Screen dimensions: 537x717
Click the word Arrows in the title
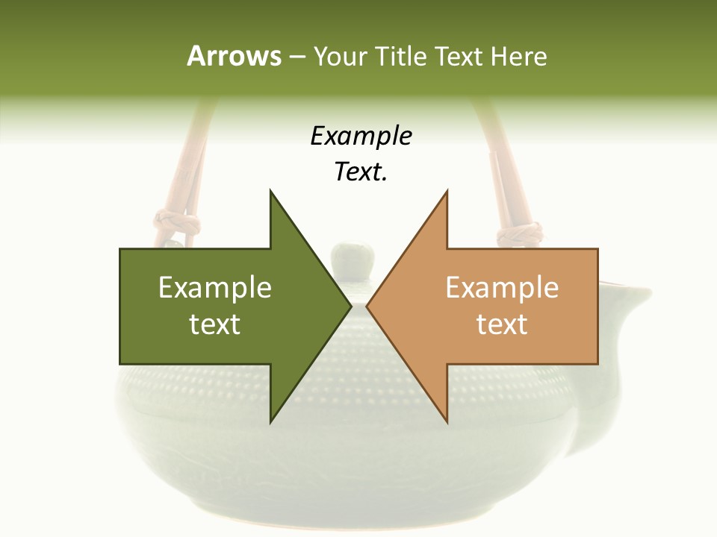234,56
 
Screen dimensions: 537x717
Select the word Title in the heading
400,57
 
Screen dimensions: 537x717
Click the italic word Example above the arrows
361,136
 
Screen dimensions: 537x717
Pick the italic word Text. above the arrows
361,172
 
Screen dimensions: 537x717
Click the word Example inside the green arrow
215,288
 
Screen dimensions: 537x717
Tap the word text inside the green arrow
215,324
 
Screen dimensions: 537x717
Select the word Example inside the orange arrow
502,288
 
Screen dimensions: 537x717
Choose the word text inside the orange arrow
502,324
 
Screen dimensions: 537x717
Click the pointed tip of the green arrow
350,307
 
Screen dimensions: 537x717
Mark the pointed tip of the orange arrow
367,307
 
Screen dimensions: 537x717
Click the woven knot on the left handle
178,222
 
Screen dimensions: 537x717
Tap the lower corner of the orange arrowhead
447,421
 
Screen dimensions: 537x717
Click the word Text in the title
459,57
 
